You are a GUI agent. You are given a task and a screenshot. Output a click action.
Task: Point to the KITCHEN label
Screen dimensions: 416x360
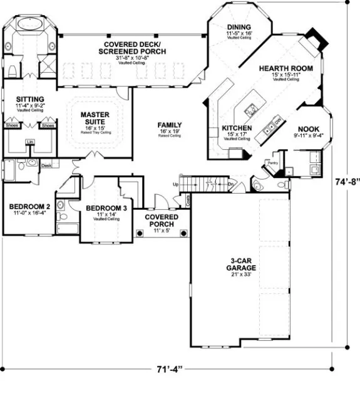pos(236,128)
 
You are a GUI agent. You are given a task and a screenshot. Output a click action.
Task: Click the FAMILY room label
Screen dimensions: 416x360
pos(170,125)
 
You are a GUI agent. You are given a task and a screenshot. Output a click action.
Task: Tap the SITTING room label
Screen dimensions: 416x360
pos(29,99)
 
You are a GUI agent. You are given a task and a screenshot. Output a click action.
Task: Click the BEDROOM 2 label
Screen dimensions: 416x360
pos(29,206)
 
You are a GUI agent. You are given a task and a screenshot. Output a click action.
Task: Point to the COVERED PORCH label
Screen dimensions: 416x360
pos(162,221)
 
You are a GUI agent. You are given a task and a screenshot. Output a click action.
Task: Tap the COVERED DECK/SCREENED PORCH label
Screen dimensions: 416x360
pos(131,47)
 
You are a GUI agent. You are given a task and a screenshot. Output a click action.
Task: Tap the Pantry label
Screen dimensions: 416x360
pos(272,162)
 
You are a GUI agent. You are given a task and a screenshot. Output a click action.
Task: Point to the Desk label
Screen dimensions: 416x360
pos(46,165)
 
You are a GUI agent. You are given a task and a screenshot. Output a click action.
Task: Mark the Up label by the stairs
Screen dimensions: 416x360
pos(177,185)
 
